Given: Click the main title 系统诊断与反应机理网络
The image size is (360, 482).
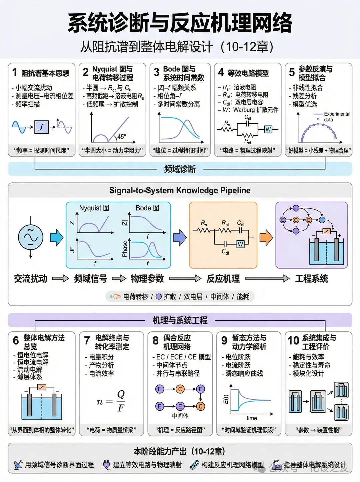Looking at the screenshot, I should pyautogui.click(x=180, y=23).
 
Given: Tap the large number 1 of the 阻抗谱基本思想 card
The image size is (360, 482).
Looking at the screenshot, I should pyautogui.click(x=15, y=72).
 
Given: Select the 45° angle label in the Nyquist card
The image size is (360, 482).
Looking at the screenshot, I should pyautogui.click(x=122, y=136).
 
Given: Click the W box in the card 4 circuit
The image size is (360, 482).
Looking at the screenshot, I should pyautogui.click(x=268, y=129).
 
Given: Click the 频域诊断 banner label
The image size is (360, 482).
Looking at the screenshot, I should pyautogui.click(x=180, y=169).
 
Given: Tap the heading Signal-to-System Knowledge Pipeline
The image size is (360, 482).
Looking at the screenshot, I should pyautogui.click(x=180, y=190).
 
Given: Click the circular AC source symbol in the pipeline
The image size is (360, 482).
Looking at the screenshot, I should pyautogui.click(x=31, y=237).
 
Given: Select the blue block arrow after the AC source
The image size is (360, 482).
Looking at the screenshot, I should pyautogui.click(x=56, y=237).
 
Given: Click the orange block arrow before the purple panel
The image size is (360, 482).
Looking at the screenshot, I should pyautogui.click(x=266, y=237).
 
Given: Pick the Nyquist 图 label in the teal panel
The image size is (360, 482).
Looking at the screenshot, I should pyautogui.click(x=94, y=208).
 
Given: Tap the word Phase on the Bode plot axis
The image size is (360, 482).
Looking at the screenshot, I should pyautogui.click(x=125, y=249).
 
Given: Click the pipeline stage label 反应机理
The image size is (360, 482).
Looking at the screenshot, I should pyautogui.click(x=223, y=279).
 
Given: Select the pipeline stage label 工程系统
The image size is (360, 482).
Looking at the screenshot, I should pyautogui.click(x=311, y=279).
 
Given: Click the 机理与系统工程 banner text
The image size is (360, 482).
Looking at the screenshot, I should pyautogui.click(x=180, y=320).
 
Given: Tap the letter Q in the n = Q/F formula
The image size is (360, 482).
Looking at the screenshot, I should pyautogui.click(x=121, y=394).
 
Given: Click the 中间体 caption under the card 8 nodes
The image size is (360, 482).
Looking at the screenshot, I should pyautogui.click(x=180, y=416).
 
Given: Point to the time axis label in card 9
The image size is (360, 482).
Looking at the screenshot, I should pyautogui.click(x=252, y=418).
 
